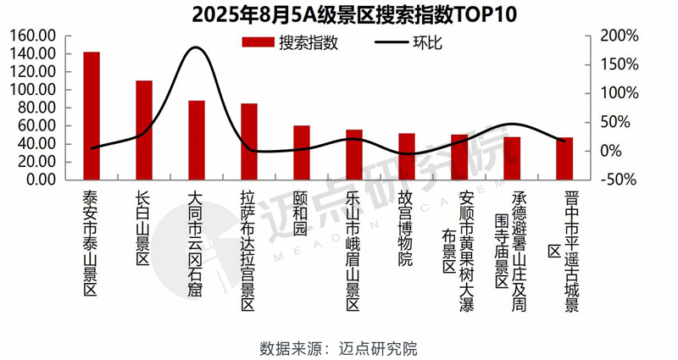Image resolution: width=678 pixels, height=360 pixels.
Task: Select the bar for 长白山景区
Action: (144, 130)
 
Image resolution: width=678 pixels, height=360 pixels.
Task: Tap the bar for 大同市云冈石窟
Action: (197, 141)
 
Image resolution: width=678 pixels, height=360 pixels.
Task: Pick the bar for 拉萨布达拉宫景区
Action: (249, 141)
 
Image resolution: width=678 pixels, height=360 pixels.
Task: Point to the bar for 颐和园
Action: (302, 152)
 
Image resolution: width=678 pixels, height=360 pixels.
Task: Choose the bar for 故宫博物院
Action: (407, 157)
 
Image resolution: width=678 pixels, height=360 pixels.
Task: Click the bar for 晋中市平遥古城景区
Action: (564, 158)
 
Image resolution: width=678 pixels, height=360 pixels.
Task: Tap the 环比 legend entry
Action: (407, 44)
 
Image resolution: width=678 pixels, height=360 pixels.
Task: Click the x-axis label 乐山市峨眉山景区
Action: (354, 246)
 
